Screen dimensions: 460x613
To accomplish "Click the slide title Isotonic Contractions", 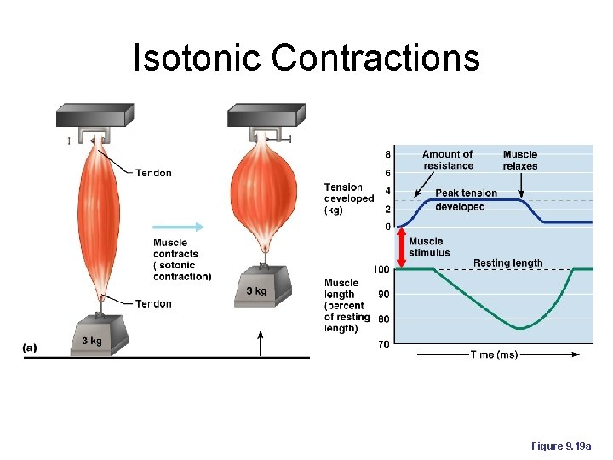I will coord(306,58).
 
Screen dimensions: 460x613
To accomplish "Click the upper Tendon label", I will coord(153,173).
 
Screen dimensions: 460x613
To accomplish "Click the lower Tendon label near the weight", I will coord(153,303).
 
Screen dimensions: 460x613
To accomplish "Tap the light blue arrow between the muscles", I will coord(179,227).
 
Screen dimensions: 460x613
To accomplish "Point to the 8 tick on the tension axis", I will coord(388,155).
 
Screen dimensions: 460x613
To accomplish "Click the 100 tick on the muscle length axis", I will coord(381,269).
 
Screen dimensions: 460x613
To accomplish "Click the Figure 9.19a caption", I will coord(560,446).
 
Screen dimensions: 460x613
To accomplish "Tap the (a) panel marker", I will coord(31,348).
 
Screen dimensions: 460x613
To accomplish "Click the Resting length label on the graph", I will coord(507,262).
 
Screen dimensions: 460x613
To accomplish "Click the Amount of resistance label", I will coord(447,159).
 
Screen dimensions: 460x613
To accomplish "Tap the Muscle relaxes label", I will coord(519,159).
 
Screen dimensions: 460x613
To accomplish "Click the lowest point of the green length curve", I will coord(521,328).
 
